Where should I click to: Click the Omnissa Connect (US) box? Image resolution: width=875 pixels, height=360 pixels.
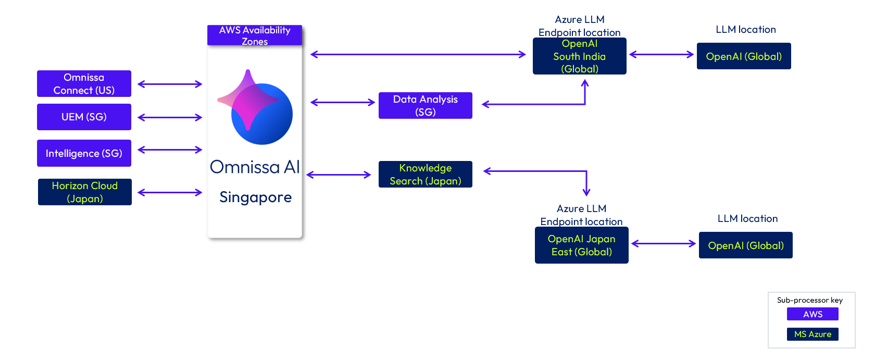(84, 84)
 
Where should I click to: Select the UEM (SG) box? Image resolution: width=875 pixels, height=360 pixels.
(84, 117)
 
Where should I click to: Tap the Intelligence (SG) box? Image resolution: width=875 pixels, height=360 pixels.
(84, 153)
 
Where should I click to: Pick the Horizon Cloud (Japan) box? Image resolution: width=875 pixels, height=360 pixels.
(85, 192)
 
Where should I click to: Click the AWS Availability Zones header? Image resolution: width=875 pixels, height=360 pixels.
(255, 35)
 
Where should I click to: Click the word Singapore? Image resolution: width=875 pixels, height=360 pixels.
(255, 197)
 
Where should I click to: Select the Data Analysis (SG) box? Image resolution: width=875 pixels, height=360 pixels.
(426, 106)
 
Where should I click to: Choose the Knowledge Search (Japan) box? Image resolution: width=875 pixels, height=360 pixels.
(426, 175)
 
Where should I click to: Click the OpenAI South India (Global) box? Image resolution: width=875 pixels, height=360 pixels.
(580, 56)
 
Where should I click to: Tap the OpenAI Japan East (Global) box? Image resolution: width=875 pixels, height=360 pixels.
(582, 245)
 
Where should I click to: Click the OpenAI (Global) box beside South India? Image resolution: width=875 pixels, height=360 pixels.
(744, 56)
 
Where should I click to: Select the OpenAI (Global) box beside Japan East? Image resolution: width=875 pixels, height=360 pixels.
(746, 245)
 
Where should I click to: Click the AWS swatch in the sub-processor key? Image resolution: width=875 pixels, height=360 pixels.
(813, 314)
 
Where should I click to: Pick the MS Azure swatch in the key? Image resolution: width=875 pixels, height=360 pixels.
(813, 334)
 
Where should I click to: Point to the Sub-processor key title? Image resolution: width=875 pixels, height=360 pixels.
(810, 300)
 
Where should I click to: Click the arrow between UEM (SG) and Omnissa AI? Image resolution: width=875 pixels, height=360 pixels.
(170, 117)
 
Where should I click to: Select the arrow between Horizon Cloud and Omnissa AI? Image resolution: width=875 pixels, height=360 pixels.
(170, 192)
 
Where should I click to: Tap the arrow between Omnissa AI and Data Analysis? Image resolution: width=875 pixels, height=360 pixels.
(343, 103)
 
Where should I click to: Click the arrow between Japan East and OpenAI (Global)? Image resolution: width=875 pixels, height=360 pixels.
(664, 243)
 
